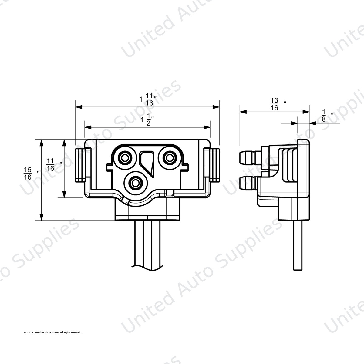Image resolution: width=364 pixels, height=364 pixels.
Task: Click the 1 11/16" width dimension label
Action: click(x=148, y=99)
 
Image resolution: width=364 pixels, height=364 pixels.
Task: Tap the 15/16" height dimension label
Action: click(x=32, y=173)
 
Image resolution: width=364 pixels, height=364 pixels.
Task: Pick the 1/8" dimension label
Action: click(x=328, y=116)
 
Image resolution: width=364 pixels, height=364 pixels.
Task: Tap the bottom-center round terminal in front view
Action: click(x=136, y=183)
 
